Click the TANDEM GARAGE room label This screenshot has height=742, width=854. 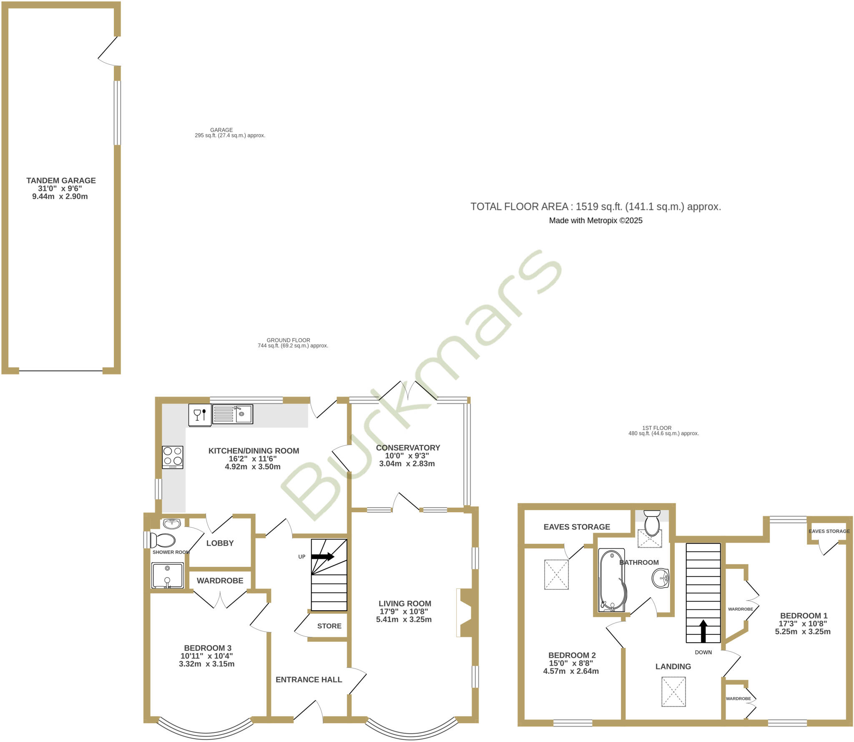[61, 181]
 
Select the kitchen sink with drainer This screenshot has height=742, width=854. [232, 414]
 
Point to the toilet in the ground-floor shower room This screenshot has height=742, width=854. [163, 540]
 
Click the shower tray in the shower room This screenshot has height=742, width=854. [167, 575]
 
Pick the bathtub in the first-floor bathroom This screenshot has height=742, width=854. [612, 580]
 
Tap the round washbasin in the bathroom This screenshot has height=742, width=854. [661, 579]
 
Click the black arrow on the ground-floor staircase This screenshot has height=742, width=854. [322, 556]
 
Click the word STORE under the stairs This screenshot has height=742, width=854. [329, 626]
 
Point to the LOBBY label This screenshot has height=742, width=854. [220, 543]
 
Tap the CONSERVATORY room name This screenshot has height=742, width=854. [408, 448]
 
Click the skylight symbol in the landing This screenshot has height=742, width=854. [673, 692]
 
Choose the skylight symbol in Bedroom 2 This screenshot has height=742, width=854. [556, 574]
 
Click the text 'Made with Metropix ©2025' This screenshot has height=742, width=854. [595, 221]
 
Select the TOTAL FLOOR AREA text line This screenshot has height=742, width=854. [595, 206]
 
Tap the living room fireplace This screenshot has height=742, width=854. [465, 613]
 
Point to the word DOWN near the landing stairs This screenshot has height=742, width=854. [703, 652]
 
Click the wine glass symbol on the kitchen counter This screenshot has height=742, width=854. [197, 415]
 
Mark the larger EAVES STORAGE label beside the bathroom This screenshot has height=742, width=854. [577, 527]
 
